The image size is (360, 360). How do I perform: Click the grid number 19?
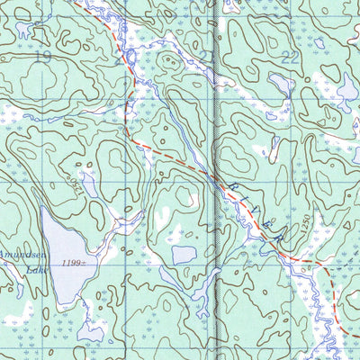(x=42, y=56)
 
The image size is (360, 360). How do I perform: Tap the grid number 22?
(x=289, y=56)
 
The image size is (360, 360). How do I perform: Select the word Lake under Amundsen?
(x=36, y=269)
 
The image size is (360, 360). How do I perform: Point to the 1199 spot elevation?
(x=76, y=263)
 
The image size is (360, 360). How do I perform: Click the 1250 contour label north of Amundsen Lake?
(x=75, y=188)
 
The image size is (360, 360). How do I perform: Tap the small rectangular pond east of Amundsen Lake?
(x=183, y=255)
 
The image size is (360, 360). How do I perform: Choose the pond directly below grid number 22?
(x=282, y=85)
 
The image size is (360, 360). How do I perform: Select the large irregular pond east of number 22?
(x=347, y=90)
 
